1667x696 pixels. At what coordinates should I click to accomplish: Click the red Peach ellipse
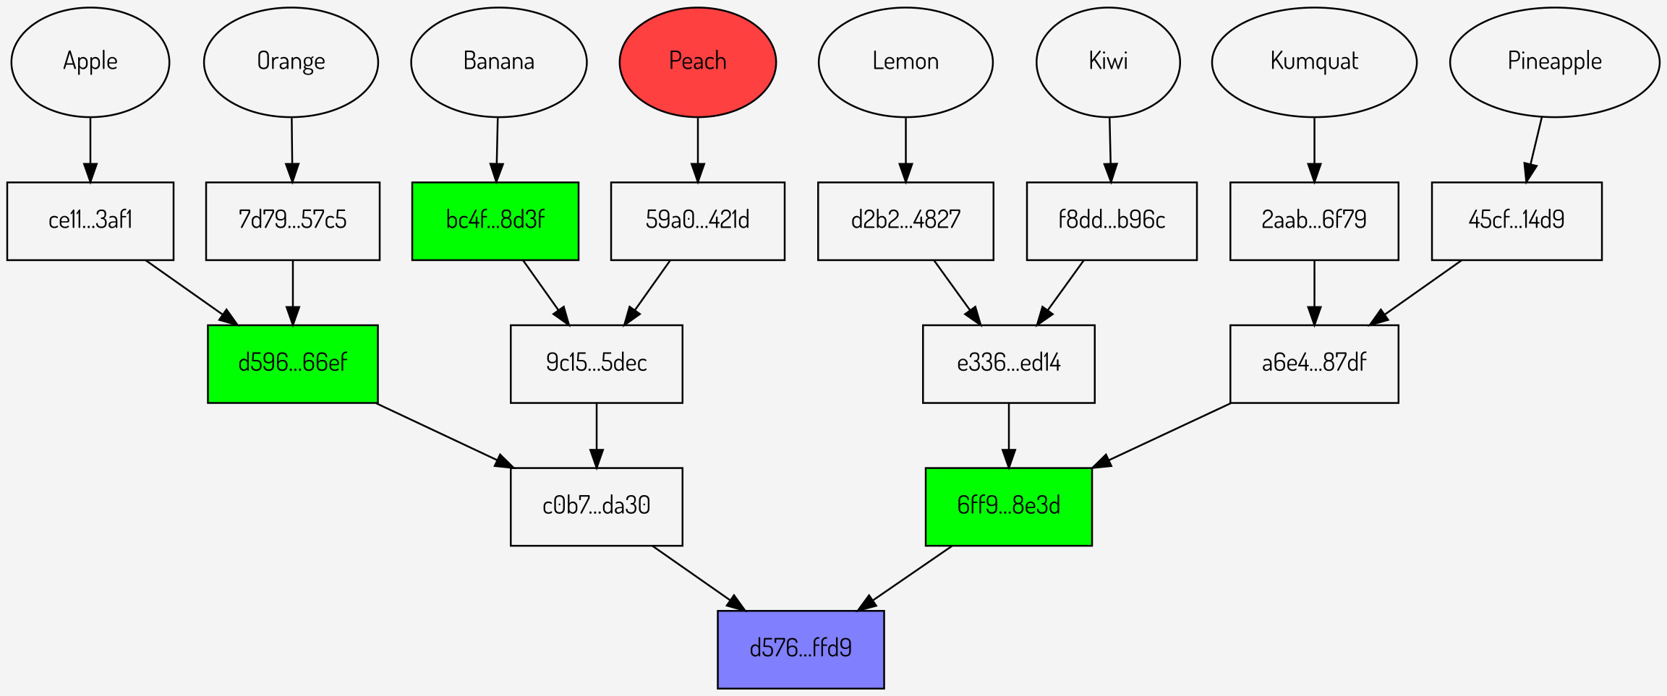[697, 62]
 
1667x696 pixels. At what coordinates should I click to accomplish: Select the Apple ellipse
[90, 62]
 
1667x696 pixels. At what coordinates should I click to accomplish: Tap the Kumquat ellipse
[1314, 62]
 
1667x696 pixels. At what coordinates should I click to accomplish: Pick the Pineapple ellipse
[1554, 62]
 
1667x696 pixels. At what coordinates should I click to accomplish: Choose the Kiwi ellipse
[1108, 62]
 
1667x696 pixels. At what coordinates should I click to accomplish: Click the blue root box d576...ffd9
[801, 649]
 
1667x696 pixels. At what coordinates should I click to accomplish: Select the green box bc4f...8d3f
[495, 220]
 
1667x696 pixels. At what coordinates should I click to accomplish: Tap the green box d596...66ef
[293, 364]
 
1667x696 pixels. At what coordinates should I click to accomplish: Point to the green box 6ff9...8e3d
[1008, 506]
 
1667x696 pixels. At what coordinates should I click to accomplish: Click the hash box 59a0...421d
[697, 220]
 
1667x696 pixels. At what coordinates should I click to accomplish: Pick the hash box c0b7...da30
[596, 506]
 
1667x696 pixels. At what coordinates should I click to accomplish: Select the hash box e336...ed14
[1008, 364]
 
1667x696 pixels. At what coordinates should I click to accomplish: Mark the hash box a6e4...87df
[1314, 364]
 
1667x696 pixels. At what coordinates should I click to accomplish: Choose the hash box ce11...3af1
[90, 220]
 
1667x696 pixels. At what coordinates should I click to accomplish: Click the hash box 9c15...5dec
[596, 364]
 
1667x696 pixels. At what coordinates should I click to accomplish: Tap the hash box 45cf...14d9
[1517, 220]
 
